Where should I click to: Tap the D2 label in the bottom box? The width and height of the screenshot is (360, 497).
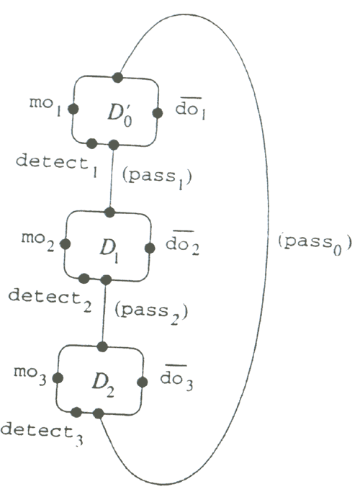click(x=103, y=385)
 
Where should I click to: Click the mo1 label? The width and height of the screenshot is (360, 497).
click(x=45, y=107)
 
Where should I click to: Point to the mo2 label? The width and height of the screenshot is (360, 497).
click(x=37, y=242)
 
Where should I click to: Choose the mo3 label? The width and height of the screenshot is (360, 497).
click(x=30, y=375)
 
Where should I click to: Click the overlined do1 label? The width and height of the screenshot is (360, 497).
click(x=191, y=109)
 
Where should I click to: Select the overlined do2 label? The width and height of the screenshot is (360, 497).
click(x=182, y=243)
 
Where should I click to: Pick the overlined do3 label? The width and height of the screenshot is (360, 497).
click(x=176, y=378)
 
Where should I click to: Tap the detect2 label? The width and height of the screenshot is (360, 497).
click(x=50, y=299)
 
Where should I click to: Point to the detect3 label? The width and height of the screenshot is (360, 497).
click(x=42, y=434)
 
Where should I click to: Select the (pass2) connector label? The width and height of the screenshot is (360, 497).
click(x=151, y=313)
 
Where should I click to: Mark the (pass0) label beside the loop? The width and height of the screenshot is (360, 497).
click(x=315, y=243)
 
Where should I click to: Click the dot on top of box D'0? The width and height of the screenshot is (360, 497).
click(x=117, y=77)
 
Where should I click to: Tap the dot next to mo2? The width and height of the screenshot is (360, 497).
click(x=66, y=244)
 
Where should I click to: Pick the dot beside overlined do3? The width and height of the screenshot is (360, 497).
click(x=143, y=382)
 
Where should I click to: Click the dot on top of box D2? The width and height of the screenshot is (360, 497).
click(x=102, y=346)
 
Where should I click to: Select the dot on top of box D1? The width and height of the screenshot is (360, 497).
click(x=109, y=212)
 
